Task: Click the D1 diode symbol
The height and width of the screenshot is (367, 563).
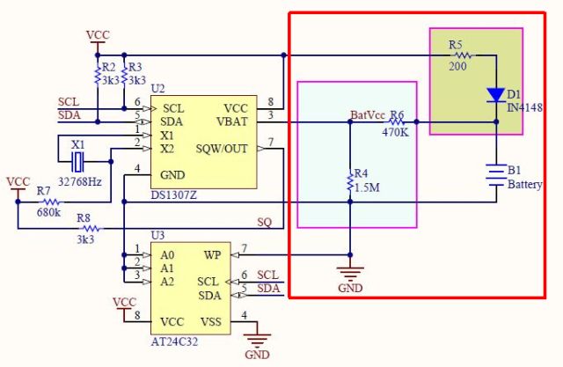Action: [496, 94]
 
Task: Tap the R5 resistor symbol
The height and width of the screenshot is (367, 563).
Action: [462, 55]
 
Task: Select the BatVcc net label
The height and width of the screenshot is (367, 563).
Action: [368, 115]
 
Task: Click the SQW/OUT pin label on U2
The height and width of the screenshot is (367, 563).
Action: [222, 149]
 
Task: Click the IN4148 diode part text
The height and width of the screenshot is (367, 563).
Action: [525, 107]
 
